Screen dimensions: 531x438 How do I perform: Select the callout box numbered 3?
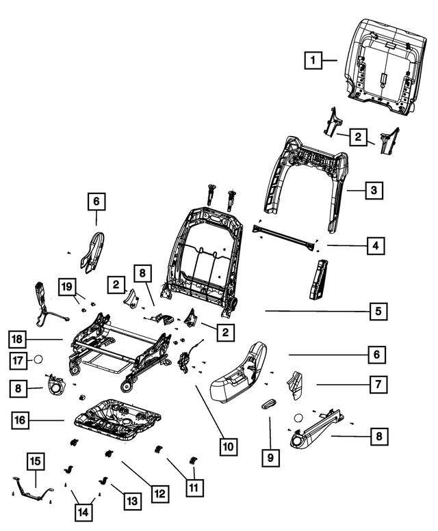(x=372, y=191)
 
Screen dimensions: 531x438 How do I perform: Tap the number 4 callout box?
(x=376, y=245)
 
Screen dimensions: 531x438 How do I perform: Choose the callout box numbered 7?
(x=376, y=385)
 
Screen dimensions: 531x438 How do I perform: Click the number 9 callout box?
(x=270, y=457)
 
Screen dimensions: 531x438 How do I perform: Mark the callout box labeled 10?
(x=228, y=447)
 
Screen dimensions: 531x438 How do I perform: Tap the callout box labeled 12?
(x=159, y=492)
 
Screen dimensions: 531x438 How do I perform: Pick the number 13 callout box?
(x=131, y=502)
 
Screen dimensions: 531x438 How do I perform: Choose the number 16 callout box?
(x=21, y=420)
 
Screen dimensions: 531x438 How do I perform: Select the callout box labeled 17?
(x=19, y=359)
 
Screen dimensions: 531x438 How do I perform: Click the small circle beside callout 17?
(x=39, y=359)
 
